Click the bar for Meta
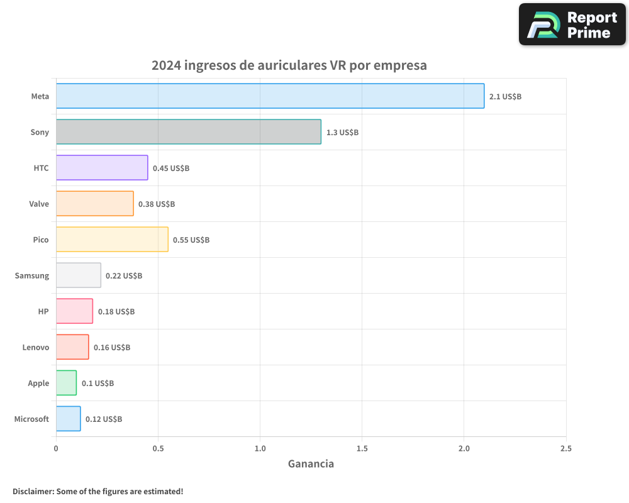(x=270, y=96)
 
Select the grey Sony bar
(x=188, y=132)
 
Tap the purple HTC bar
(x=102, y=168)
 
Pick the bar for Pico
(x=112, y=240)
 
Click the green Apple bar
(x=66, y=383)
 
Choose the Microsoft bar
(x=68, y=419)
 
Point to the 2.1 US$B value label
(x=505, y=97)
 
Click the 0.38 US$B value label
(x=157, y=204)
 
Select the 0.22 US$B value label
(x=124, y=276)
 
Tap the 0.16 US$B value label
(x=112, y=348)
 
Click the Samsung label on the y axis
(x=32, y=276)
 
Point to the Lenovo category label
(x=36, y=348)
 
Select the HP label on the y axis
(x=43, y=312)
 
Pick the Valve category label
(x=39, y=204)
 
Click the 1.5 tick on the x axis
(x=362, y=449)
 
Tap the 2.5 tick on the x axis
(x=565, y=449)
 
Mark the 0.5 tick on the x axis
(x=158, y=449)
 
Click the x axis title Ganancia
(x=311, y=464)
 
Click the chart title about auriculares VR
(x=289, y=65)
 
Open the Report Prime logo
(x=572, y=25)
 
